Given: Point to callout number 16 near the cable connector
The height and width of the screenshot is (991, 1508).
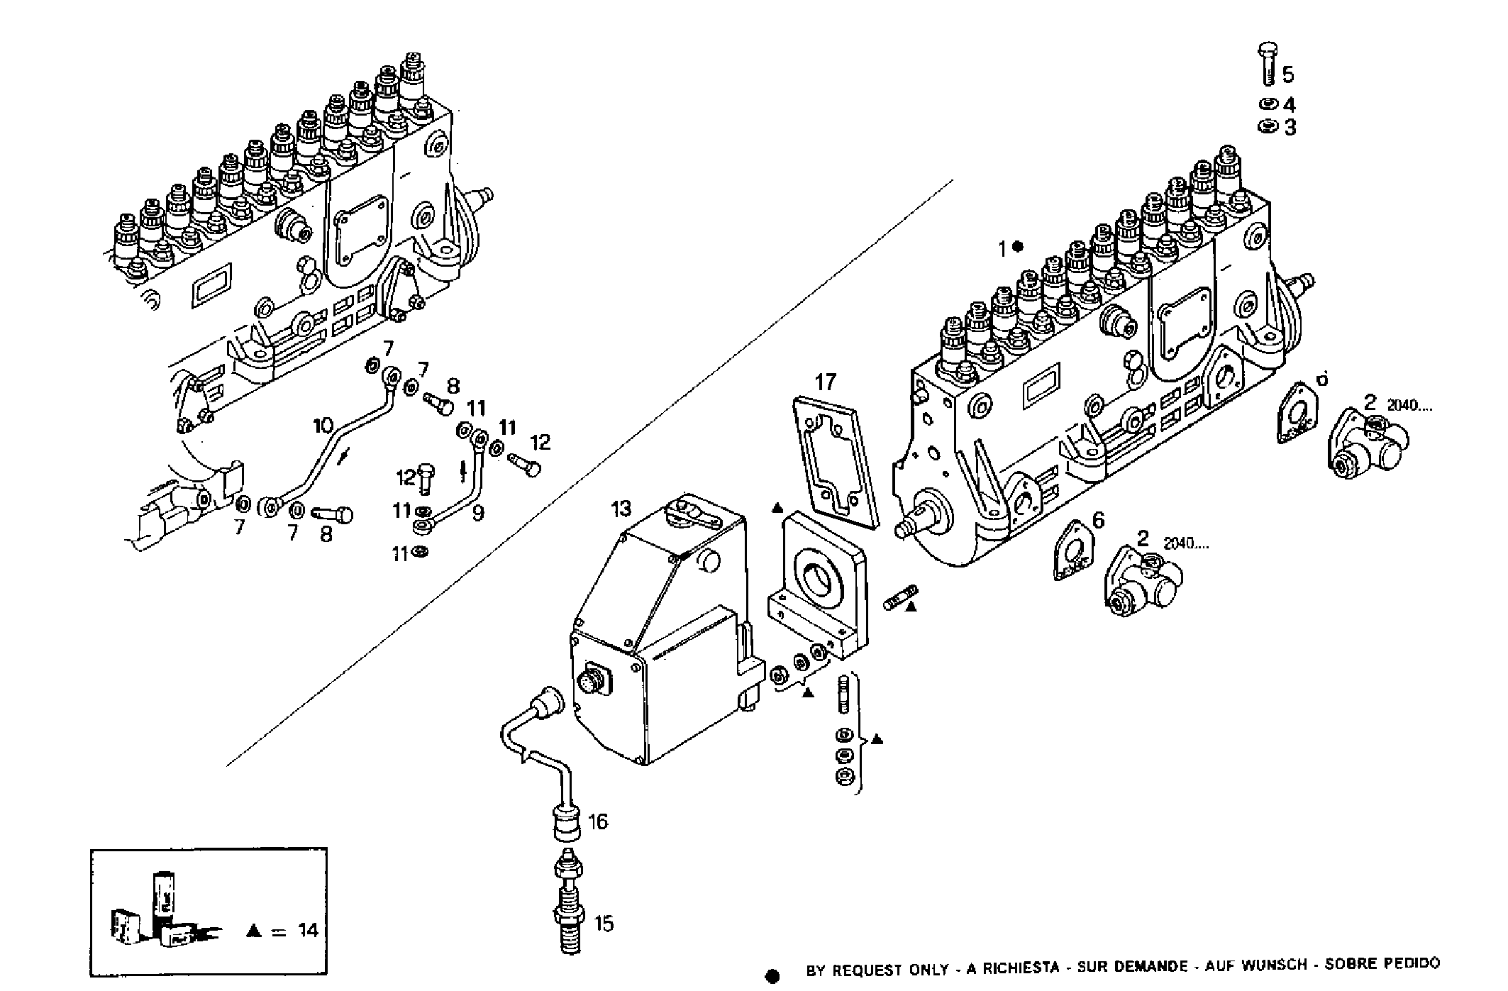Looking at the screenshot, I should [598, 821].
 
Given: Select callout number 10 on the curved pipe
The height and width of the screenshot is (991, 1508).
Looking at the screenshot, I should [323, 426].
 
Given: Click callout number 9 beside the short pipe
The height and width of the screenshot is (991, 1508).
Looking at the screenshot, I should [478, 512].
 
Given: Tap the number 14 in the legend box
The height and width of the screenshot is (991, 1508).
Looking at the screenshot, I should [309, 930].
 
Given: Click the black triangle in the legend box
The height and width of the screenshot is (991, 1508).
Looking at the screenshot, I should [253, 931].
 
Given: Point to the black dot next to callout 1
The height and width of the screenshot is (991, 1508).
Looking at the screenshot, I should [1018, 247].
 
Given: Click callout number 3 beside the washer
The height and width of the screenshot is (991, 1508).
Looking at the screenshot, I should [1289, 128].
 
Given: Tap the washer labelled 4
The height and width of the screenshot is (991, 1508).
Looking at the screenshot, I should [1266, 104].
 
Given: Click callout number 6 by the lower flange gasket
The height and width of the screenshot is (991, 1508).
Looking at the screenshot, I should [1098, 521].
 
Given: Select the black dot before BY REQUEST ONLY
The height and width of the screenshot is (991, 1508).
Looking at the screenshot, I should [773, 977].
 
